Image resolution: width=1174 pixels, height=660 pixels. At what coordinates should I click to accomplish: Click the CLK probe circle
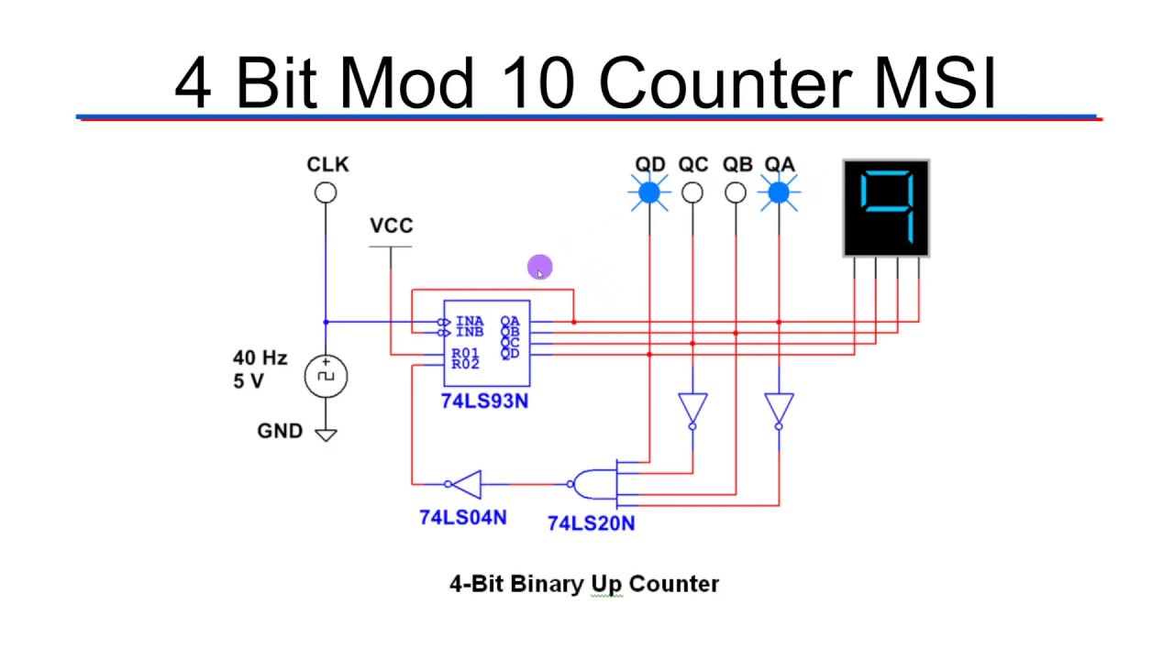[x=326, y=192]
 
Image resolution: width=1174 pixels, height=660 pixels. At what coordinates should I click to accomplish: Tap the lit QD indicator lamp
[x=649, y=192]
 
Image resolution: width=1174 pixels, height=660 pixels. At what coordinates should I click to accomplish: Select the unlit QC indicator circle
[x=692, y=192]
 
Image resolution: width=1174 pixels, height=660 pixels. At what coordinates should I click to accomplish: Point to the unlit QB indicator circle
[x=736, y=192]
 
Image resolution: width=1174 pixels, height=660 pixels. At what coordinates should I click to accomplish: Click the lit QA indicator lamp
[x=779, y=192]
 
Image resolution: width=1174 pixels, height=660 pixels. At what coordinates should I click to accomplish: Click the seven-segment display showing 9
[x=886, y=208]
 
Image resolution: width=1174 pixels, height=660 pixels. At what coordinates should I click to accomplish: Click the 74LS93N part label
[x=484, y=401]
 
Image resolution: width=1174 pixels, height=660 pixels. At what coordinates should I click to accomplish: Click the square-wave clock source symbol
[x=326, y=377]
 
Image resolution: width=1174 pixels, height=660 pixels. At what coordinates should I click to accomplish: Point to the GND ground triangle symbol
[x=326, y=434]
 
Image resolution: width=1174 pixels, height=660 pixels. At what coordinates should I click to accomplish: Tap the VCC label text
[x=391, y=225]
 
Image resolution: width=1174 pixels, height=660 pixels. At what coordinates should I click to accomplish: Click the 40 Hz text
[x=260, y=358]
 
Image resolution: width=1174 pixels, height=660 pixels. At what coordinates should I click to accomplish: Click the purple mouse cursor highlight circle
[x=540, y=268]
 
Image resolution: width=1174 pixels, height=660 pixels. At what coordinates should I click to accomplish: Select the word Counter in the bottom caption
[x=674, y=584]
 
